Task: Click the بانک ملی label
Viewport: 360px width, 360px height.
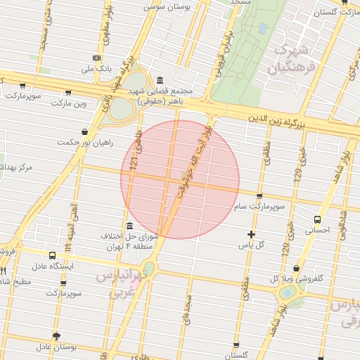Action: click(x=96, y=69)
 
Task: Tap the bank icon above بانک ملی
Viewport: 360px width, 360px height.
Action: click(x=96, y=58)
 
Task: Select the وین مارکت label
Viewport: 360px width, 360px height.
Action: click(x=68, y=103)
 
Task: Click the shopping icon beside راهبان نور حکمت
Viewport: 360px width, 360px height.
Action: click(x=85, y=131)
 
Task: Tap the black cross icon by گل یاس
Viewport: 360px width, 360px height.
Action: click(x=251, y=234)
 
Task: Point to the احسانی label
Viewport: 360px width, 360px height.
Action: click(x=317, y=230)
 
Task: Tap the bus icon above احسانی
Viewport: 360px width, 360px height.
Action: click(x=317, y=219)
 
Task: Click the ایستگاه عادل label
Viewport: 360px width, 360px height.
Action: click(x=53, y=267)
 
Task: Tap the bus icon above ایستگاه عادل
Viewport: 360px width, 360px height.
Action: click(x=53, y=256)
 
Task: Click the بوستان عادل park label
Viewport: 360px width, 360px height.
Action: click(x=56, y=347)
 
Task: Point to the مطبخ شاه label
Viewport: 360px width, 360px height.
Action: click(x=14, y=281)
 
